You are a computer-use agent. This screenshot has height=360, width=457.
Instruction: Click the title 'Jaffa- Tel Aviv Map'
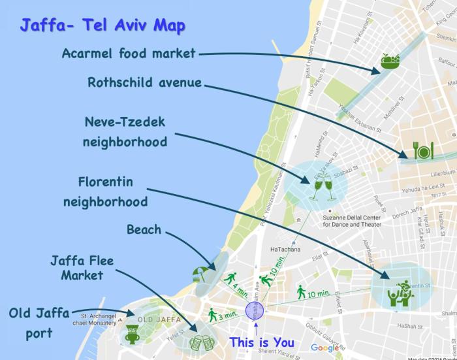(102, 25)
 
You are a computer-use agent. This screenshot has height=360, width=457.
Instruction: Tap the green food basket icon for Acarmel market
(390, 62)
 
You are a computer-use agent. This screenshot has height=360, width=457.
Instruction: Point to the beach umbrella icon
(200, 274)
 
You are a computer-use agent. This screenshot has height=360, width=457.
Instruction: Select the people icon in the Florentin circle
(399, 292)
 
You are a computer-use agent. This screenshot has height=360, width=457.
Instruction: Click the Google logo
(325, 348)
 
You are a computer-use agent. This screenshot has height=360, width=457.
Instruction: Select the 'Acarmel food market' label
(129, 53)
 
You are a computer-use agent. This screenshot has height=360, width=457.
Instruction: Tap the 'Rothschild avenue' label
(144, 83)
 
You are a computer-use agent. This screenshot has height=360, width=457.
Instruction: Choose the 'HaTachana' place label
(284, 249)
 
